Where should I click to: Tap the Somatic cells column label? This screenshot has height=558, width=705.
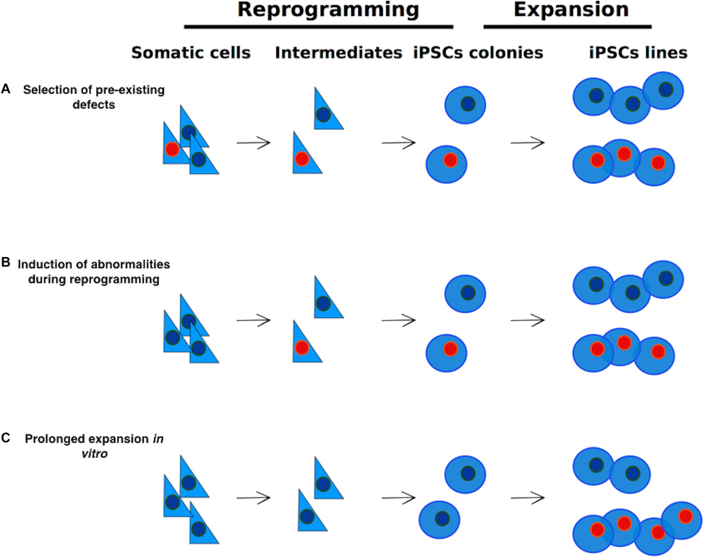[x=191, y=54]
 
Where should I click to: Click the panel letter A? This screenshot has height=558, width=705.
[x=6, y=88]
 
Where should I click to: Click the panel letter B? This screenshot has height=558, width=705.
[x=6, y=262]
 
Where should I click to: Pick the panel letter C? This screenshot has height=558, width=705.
[x=6, y=437]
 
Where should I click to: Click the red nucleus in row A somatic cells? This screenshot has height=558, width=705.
[x=172, y=149]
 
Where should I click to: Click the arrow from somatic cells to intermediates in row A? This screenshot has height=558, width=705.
[x=253, y=142]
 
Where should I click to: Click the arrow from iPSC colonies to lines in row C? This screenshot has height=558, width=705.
[x=527, y=497]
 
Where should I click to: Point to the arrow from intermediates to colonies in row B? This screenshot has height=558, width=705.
[x=398, y=320]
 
